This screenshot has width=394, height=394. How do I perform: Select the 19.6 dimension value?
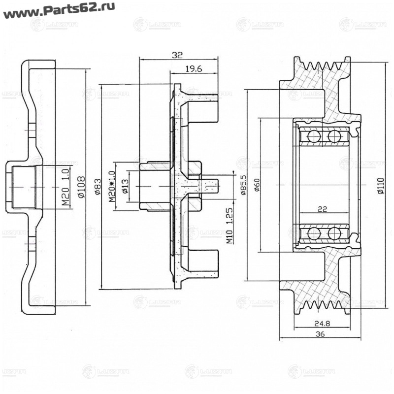click(194, 69)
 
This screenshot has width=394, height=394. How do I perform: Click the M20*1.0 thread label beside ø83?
click(111, 187)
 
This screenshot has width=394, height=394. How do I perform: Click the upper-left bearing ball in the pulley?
click(314, 136)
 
